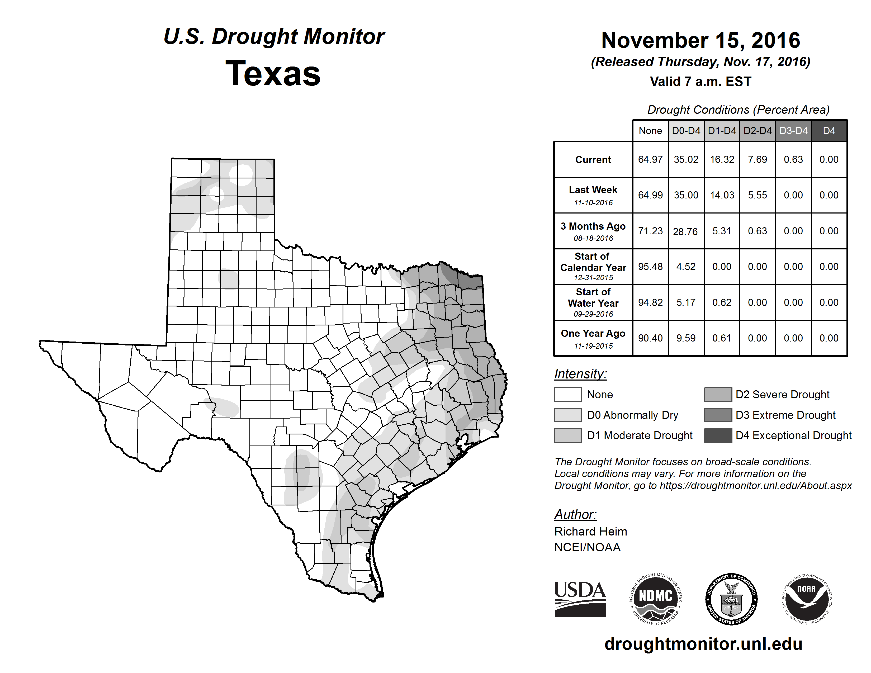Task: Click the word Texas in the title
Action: pos(273,73)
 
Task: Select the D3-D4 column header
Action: pos(793,131)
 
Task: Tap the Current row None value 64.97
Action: pos(650,159)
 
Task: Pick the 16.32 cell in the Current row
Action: pos(722,159)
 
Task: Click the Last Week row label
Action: pos(593,190)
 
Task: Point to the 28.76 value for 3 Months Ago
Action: pos(685,231)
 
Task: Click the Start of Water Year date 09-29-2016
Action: pos(593,314)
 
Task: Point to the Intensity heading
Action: pos(580,374)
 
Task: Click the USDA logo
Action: pos(580,599)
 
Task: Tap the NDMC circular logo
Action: pos(656,599)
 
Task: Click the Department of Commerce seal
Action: pos(731,599)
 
